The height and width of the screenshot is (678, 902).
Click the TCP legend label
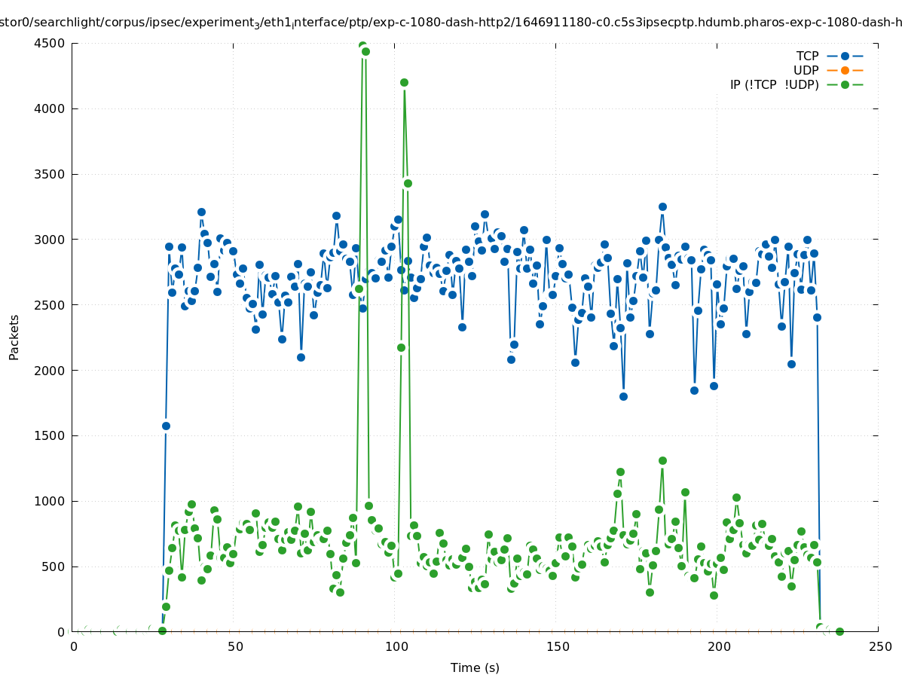point(807,56)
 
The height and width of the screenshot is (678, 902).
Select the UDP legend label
point(806,70)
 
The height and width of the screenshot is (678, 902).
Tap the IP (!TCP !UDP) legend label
point(774,84)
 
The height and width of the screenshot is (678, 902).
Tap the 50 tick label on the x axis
point(235,646)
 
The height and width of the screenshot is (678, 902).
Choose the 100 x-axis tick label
point(396,646)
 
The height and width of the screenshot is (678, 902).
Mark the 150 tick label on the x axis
point(558,646)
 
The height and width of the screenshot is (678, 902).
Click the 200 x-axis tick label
point(719,646)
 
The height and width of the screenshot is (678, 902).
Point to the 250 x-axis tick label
point(879,646)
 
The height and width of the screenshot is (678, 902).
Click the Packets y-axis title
point(14,337)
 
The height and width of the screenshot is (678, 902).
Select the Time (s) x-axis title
point(475,667)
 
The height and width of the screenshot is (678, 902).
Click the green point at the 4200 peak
point(404,82)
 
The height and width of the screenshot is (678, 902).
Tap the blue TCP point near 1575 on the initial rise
point(166,426)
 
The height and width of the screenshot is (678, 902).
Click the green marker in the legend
point(845,84)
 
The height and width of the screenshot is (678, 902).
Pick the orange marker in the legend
point(845,70)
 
